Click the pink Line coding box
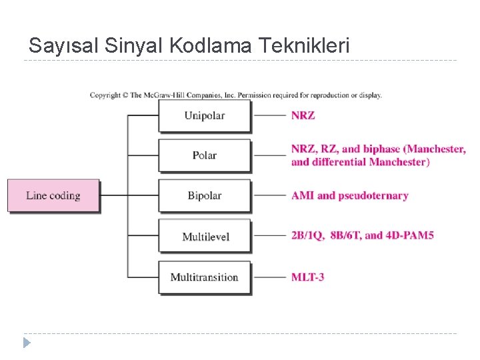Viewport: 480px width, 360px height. click(53, 196)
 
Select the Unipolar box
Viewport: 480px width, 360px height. click(205, 115)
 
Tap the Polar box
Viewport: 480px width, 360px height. click(205, 155)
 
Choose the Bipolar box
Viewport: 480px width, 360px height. click(205, 196)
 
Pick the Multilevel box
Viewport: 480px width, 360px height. click(205, 236)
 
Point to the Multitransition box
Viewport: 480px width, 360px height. click(205, 277)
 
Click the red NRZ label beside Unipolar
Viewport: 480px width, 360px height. click(303, 115)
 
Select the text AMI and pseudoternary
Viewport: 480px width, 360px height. click(349, 196)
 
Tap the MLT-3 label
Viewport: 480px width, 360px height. click(307, 277)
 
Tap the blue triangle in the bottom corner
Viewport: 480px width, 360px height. click(27, 343)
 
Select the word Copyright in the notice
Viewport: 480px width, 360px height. click(105, 95)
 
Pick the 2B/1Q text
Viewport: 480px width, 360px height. click(307, 235)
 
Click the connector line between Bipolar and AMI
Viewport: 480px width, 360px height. click(271, 196)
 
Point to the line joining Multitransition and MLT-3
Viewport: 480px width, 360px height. click(271, 277)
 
